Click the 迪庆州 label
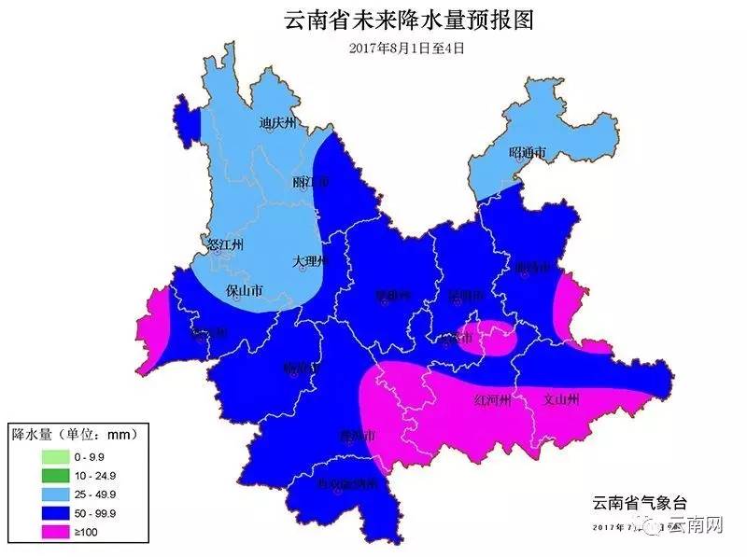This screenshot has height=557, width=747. (277, 122)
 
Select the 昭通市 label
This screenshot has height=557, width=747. (526, 152)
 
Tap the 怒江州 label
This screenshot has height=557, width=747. (224, 245)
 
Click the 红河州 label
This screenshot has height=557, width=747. (494, 400)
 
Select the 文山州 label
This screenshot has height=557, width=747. (561, 400)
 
